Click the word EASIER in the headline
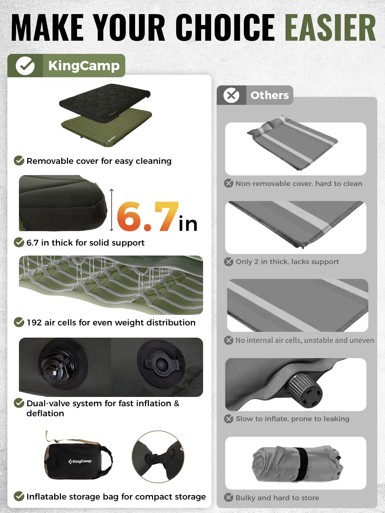click(330, 28)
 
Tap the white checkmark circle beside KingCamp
click(25, 66)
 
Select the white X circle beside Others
click(231, 95)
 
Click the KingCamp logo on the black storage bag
click(80, 461)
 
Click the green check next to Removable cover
click(19, 161)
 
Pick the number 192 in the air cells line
click(34, 323)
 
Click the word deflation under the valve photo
click(45, 413)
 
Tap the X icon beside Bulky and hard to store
click(229, 497)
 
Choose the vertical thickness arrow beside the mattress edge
click(112, 210)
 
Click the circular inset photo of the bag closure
click(158, 457)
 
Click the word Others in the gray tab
click(269, 95)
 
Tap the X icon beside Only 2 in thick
click(229, 262)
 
